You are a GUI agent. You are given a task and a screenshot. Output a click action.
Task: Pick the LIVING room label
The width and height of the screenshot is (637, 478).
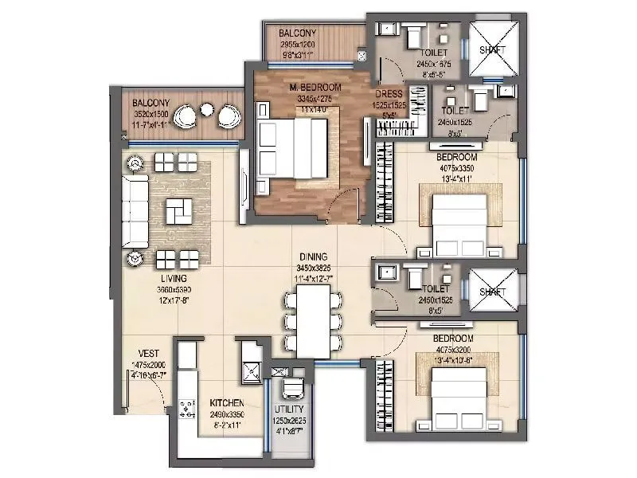pos(173,279)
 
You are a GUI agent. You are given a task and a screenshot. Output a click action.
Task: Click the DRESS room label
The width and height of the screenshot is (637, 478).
pos(389,93)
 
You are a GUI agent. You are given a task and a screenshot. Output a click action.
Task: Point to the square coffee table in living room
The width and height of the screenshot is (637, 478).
pos(178,212)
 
